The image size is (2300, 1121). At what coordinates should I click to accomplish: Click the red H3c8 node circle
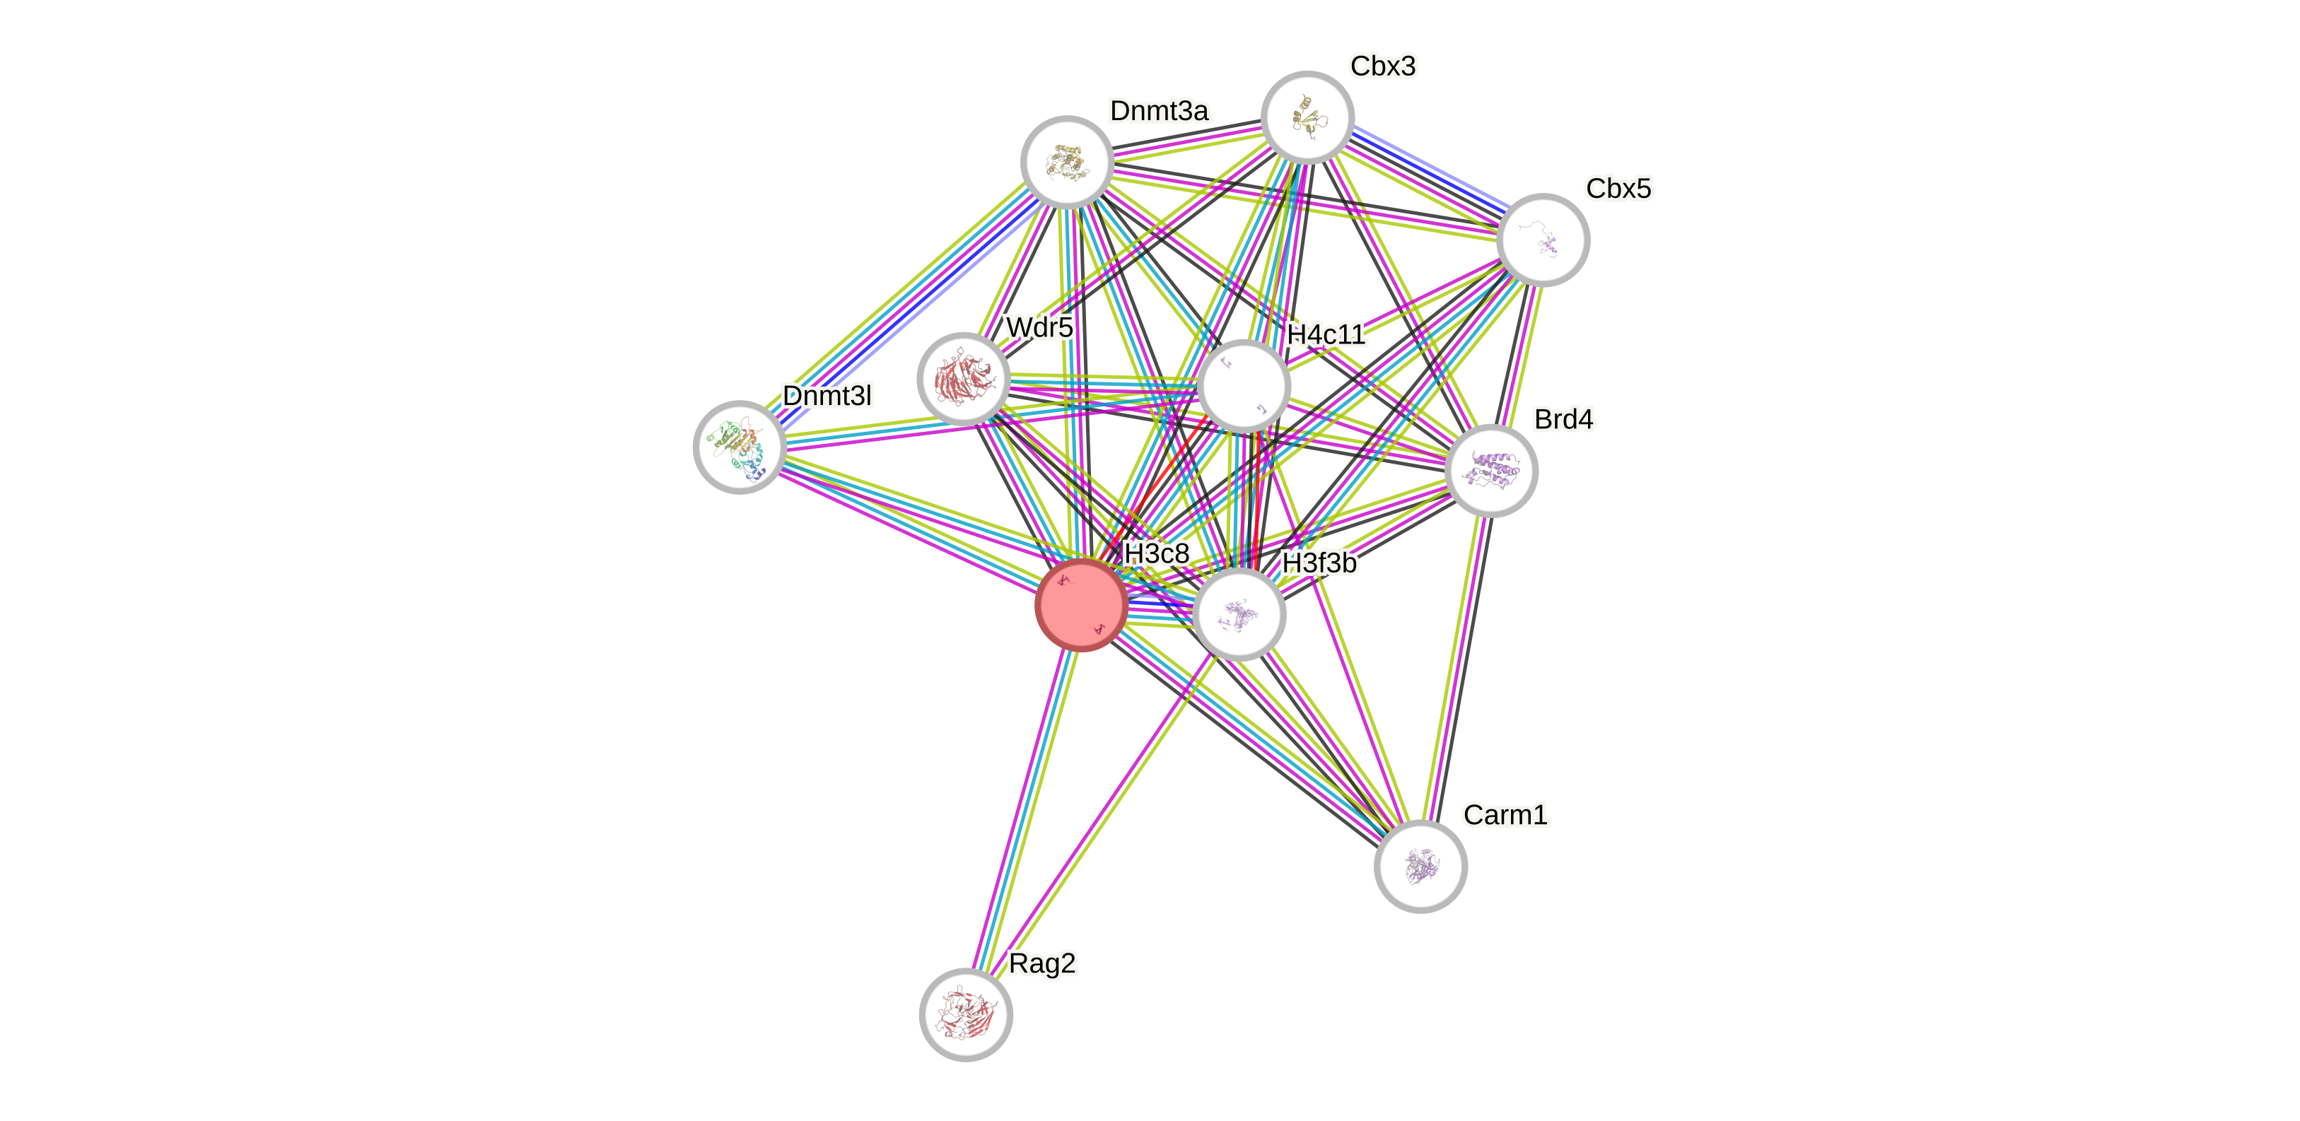[1080, 605]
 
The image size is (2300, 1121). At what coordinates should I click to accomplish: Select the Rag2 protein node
[965, 1015]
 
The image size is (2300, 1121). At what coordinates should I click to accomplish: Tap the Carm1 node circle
[1420, 866]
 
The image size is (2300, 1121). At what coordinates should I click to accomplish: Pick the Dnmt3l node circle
[740, 446]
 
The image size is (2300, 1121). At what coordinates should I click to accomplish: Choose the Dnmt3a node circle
[1067, 163]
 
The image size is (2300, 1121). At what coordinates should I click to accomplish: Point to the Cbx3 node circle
[1307, 117]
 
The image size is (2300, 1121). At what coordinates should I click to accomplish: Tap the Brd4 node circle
[1491, 470]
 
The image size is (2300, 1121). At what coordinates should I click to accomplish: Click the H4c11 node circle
[1244, 386]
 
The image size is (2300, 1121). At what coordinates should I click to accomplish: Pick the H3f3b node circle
[1239, 614]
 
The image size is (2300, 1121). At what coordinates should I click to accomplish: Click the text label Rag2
[1042, 963]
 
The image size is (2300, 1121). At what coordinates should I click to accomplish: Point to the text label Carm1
[1505, 814]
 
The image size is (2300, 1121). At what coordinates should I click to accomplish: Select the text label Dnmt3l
[826, 394]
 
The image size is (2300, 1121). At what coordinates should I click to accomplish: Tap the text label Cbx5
[1618, 188]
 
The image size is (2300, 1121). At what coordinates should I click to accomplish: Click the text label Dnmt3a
[1159, 111]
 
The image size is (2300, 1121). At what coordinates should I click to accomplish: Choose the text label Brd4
[1563, 418]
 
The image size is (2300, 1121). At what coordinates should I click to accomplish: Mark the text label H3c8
[1156, 553]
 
